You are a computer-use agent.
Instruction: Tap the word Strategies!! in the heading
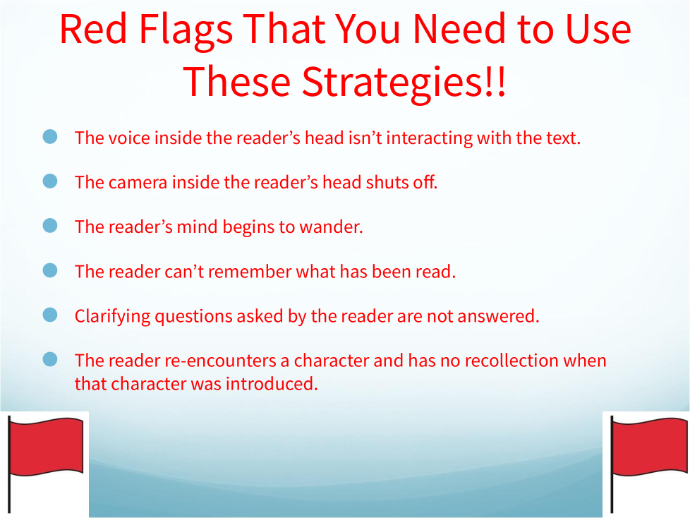tap(404, 83)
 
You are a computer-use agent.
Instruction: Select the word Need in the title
tap(459, 29)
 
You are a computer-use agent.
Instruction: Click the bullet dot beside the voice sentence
tap(50, 136)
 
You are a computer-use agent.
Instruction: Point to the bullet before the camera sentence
tap(50, 181)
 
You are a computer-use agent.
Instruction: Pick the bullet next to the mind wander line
tap(50, 225)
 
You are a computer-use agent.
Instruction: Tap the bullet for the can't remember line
tap(50, 270)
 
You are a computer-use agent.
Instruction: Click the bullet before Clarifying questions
tap(50, 315)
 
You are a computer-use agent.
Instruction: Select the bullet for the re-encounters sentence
tap(50, 359)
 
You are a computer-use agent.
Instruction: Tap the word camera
tap(138, 183)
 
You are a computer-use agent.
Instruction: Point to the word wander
tap(331, 227)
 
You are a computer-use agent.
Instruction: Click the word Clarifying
tap(112, 317)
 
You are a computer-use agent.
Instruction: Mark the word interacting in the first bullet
tap(430, 138)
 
